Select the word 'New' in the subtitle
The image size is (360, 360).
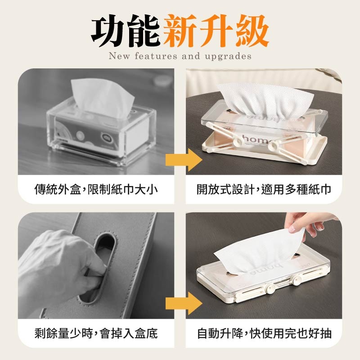119,57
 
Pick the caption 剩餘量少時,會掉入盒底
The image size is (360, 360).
96,333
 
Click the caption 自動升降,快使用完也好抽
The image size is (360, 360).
264,333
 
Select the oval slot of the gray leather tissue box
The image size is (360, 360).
104,265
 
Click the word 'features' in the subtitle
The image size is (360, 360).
156,57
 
